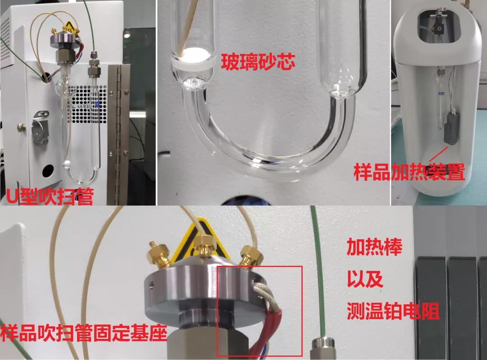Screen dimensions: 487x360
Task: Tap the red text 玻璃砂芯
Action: pos(258,61)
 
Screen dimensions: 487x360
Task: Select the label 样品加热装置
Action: pos(409,172)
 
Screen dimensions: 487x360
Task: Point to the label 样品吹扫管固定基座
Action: pos(84,333)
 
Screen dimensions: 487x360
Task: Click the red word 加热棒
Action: pos(375,247)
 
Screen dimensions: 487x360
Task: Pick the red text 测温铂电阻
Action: pos(393,311)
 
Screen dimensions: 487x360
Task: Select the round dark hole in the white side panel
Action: pos(48,170)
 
